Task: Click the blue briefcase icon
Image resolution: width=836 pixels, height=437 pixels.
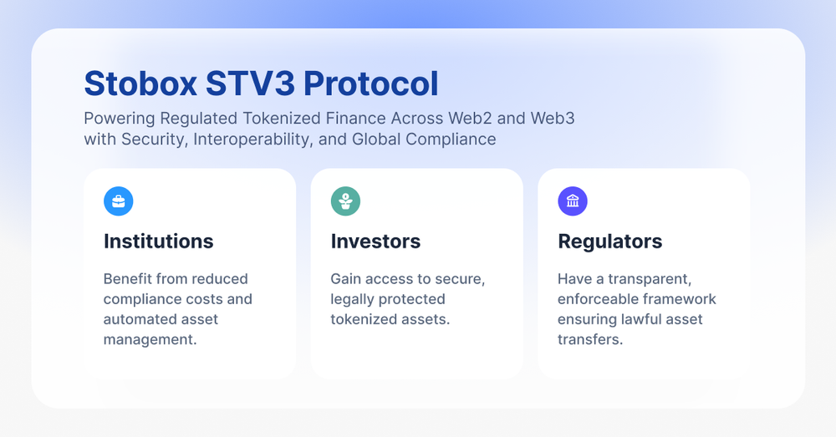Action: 118,201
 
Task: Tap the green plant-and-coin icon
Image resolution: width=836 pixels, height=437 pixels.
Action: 345,201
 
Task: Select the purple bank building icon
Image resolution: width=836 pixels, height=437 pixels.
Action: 573,201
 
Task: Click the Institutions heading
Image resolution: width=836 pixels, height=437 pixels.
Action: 159,241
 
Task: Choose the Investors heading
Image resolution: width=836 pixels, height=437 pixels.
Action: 375,241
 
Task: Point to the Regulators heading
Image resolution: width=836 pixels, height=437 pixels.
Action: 609,241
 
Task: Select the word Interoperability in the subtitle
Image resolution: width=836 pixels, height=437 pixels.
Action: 251,139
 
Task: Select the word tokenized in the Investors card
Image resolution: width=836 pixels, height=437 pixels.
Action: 364,319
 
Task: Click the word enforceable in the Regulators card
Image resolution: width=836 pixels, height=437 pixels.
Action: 599,299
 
